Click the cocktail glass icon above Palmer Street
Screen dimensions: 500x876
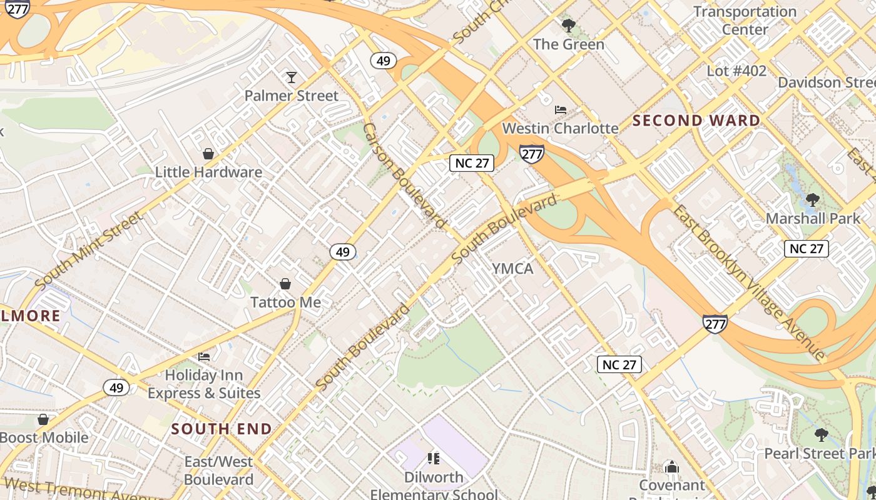pos(291,77)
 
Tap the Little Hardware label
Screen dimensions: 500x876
pos(208,172)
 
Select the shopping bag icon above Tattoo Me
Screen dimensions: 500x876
pos(285,284)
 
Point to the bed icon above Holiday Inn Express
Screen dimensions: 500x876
pos(204,357)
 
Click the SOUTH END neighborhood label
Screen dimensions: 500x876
pos(222,429)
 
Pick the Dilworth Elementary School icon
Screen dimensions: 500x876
pos(434,459)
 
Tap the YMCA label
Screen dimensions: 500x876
pos(512,269)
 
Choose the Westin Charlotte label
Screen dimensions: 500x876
pos(561,129)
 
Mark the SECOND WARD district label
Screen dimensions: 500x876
pos(696,121)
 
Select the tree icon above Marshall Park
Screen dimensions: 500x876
pos(813,201)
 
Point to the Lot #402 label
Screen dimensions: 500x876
pos(736,71)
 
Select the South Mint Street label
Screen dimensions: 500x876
pos(89,250)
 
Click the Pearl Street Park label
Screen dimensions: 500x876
pos(820,454)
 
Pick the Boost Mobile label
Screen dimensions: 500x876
pos(44,437)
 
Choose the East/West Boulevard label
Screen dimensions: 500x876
pos(218,471)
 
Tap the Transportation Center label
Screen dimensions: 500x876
pos(745,21)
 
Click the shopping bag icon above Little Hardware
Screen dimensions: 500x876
pos(208,154)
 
